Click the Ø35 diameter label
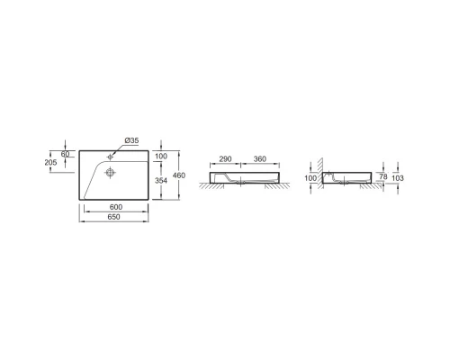pos(130,140)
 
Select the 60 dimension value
pos(65,154)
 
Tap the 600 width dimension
pos(116,209)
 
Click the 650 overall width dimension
pos(116,218)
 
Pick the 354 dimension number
pos(161,181)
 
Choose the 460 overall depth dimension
pos(179,175)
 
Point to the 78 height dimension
pos(385,176)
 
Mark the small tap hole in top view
pos(112,154)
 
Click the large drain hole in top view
pos(111,171)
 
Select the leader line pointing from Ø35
pos(119,148)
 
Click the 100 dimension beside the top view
pos(161,157)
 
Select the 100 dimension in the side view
pos(311,179)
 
